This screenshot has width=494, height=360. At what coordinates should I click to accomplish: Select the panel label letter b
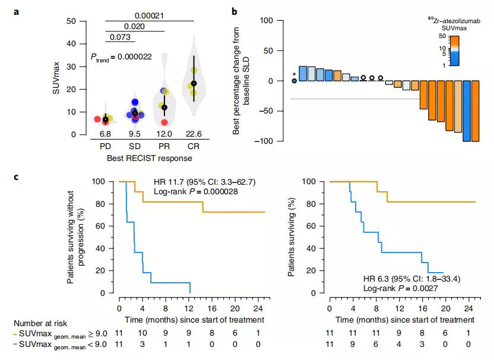pyautogui.click(x=235, y=11)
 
